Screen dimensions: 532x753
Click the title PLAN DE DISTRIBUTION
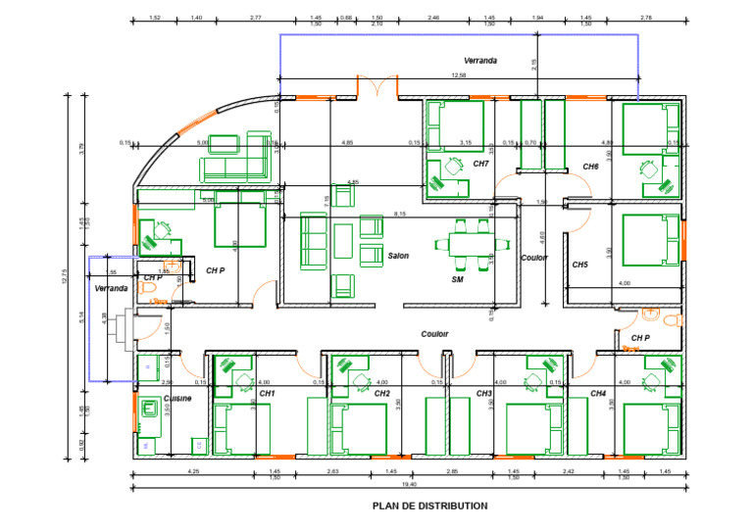pos(429,507)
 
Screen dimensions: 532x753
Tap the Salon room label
pos(397,256)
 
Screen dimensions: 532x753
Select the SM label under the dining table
pos(457,280)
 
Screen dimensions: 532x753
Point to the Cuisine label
pos(177,399)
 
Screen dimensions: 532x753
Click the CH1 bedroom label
pos(268,393)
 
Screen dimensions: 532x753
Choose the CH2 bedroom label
pos(382,393)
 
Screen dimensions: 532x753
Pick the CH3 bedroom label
pos(483,393)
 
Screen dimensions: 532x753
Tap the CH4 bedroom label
pos(598,393)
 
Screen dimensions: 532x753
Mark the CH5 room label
pos(579,265)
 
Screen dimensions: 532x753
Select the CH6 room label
pos(590,167)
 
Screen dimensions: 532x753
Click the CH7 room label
pos(480,164)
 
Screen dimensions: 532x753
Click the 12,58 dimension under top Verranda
pos(458,75)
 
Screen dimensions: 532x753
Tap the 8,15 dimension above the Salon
pos(400,214)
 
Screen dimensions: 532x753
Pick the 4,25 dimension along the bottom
pos(193,472)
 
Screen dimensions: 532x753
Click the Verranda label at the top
pos(480,61)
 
